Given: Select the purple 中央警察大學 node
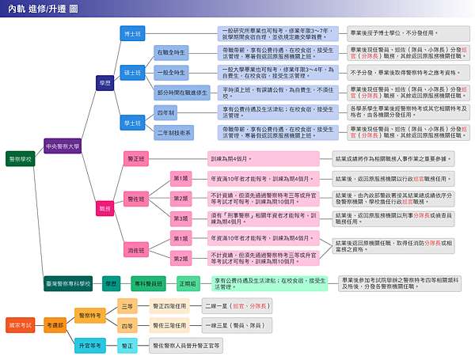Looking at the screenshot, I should (62, 147).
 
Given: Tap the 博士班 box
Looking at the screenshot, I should (132, 33).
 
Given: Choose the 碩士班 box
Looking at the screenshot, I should (132, 72).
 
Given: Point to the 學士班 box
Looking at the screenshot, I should (132, 123).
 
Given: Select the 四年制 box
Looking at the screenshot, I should (166, 113).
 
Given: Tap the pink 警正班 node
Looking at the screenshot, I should (136, 158).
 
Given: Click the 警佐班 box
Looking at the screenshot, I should (136, 197).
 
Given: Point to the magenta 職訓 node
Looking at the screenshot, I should (104, 207).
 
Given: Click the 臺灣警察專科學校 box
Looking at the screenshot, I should (67, 282).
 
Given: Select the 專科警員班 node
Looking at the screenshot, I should (147, 282).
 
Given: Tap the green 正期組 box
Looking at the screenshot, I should (187, 282).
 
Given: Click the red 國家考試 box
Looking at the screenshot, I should (21, 324).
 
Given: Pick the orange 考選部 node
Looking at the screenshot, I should (54, 324).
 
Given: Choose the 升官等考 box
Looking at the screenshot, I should (90, 346).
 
